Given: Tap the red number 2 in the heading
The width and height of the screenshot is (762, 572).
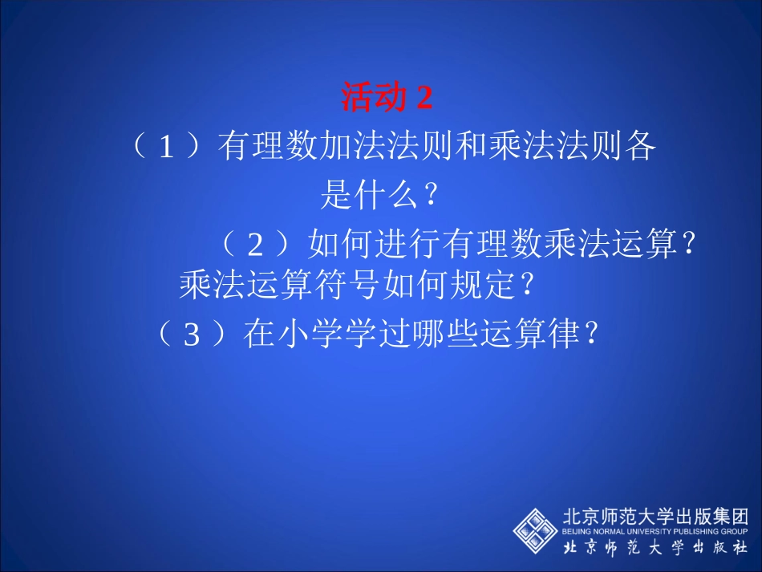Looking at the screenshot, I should click(x=424, y=98).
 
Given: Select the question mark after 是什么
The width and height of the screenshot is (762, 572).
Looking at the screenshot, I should click(x=431, y=194).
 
